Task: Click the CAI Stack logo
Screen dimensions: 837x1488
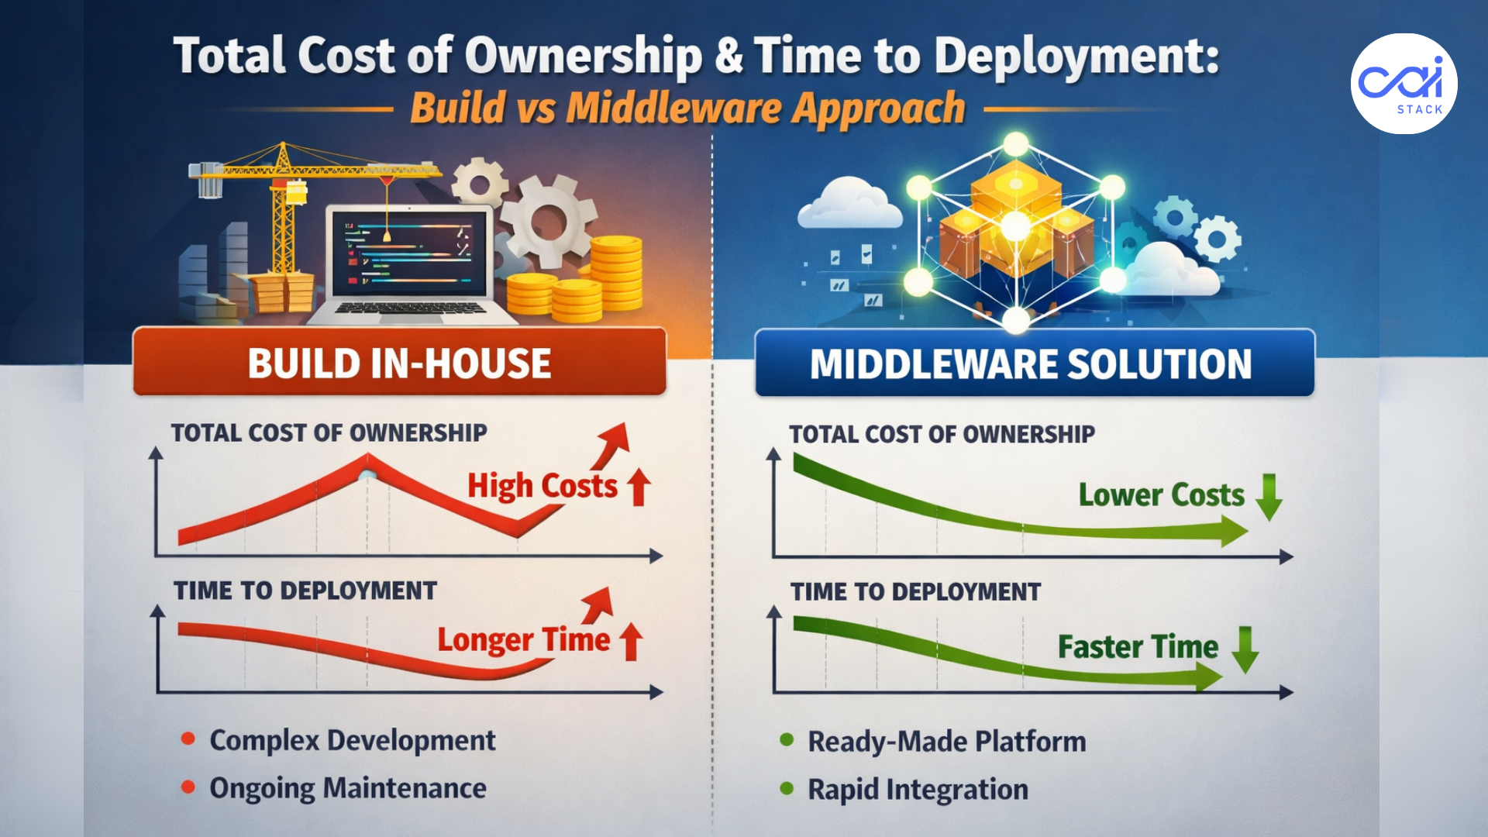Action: [x=1404, y=84]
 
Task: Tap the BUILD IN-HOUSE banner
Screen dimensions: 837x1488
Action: [x=399, y=363]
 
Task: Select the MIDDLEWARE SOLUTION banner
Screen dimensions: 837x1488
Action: [x=1034, y=363]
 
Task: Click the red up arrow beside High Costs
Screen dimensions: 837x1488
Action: [x=639, y=487]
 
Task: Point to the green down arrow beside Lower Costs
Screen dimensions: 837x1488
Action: [x=1269, y=497]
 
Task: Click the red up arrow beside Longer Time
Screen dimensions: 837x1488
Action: [x=632, y=641]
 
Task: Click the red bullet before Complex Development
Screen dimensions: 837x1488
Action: [x=188, y=739]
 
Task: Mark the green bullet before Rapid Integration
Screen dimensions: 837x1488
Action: [x=787, y=788]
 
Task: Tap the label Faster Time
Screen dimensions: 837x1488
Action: [x=1138, y=647]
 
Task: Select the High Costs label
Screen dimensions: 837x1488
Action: [x=542, y=487]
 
